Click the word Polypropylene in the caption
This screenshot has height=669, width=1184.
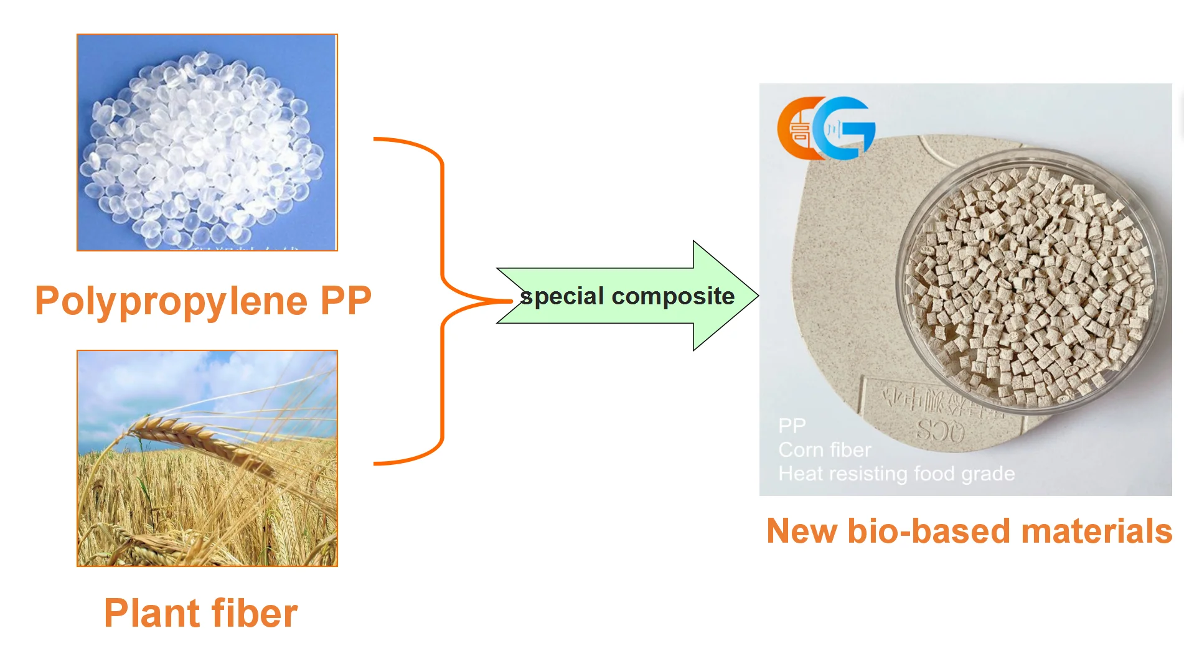point(171,302)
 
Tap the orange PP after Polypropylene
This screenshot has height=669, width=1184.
point(345,301)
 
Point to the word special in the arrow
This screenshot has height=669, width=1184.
point(562,296)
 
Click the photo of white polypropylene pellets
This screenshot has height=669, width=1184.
point(207,143)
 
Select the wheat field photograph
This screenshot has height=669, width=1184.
point(207,459)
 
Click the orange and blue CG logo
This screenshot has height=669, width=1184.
point(826,128)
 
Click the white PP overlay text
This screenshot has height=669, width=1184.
point(792,426)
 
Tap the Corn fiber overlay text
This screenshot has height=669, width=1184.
point(824,450)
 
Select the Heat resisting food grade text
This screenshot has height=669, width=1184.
point(896,474)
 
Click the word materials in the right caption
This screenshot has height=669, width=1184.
point(1096,531)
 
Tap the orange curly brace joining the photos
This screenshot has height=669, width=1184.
point(442,301)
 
